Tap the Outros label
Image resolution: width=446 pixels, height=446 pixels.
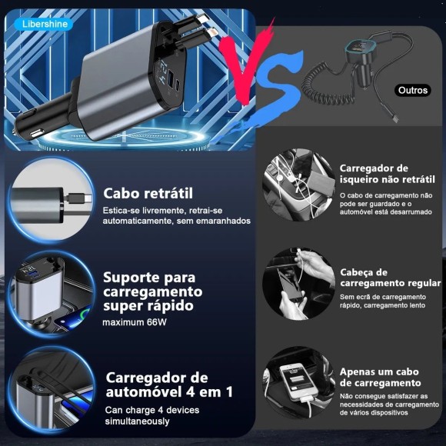(413, 90)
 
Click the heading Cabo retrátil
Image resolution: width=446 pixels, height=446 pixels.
(148, 193)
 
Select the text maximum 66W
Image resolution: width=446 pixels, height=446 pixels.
(135, 322)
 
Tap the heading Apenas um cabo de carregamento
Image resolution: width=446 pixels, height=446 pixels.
(380, 377)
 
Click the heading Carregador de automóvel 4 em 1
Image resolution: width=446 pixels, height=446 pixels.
(168, 384)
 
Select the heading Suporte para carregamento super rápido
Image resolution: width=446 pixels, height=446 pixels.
(152, 291)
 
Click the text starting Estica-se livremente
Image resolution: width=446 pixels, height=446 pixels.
(176, 215)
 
